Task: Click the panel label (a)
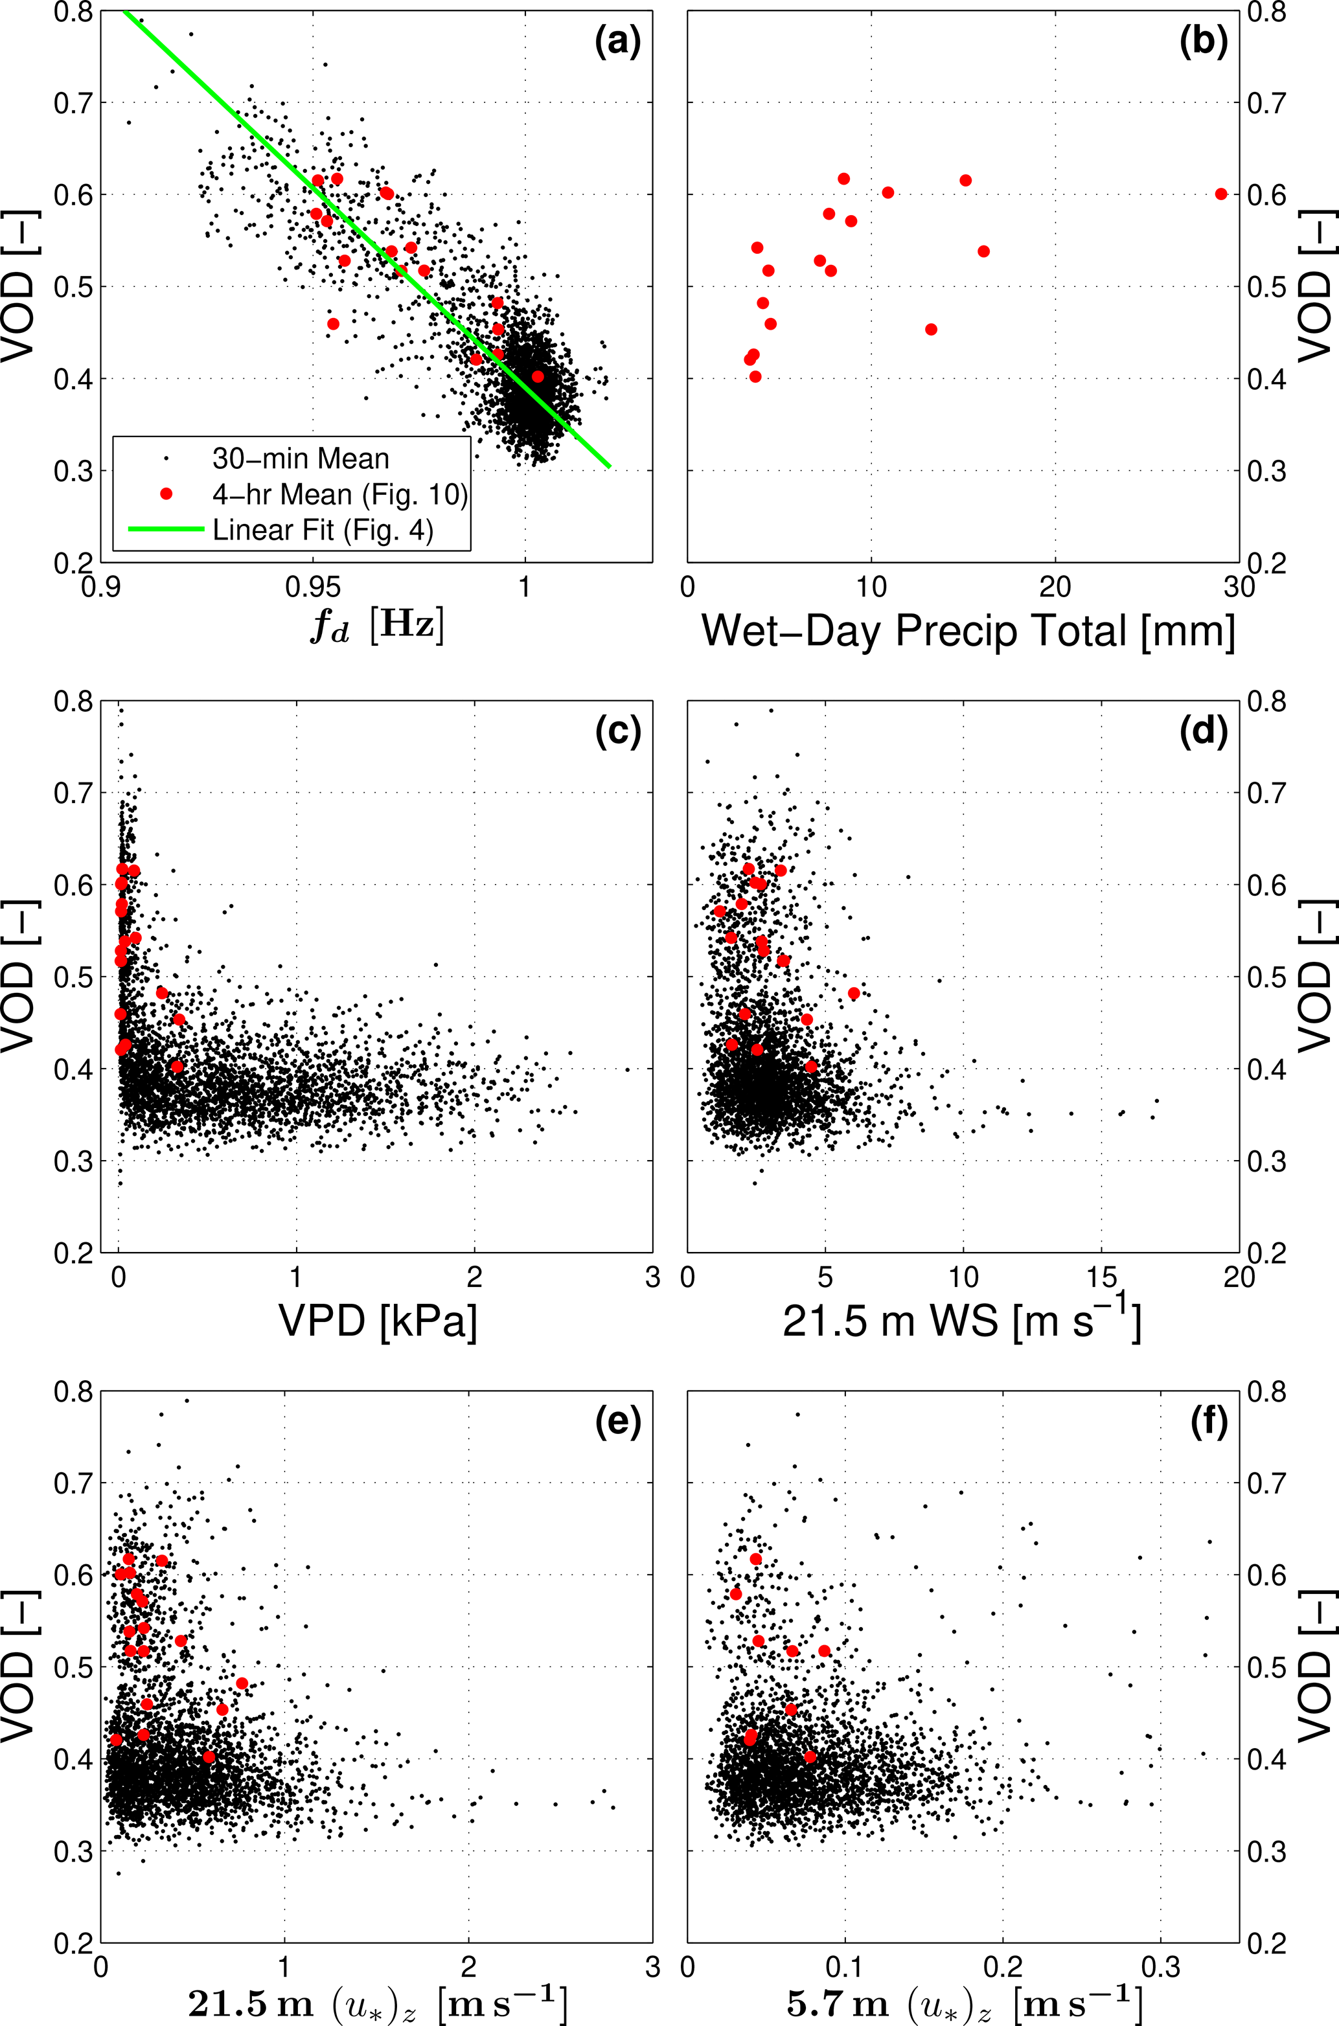(x=617, y=42)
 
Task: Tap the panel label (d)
(x=1203, y=732)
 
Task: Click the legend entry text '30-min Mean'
(x=301, y=459)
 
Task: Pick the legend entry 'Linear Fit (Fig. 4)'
(x=323, y=530)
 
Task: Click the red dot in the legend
(x=166, y=494)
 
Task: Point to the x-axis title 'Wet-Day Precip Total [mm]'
(x=968, y=632)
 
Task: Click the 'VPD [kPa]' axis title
(x=378, y=1322)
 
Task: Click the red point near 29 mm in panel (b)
(x=1221, y=194)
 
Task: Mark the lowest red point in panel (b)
(x=755, y=376)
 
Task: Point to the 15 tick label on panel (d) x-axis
(x=1102, y=1278)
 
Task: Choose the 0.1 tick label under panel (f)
(x=845, y=1968)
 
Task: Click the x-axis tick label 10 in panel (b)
(x=871, y=588)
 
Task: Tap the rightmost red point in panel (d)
(x=854, y=993)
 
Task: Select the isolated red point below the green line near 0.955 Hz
(x=333, y=324)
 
